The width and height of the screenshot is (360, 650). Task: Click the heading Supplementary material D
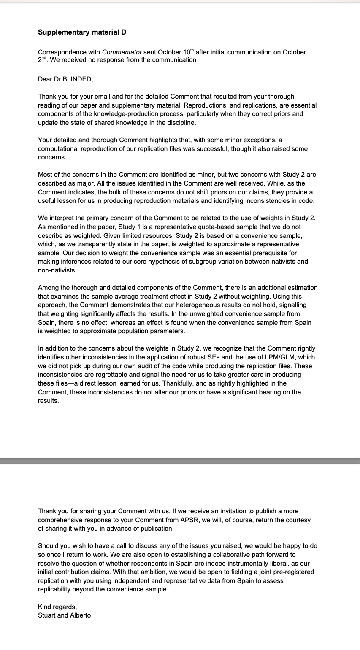(x=82, y=32)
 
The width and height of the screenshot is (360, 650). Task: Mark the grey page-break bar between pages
(x=180, y=461)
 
